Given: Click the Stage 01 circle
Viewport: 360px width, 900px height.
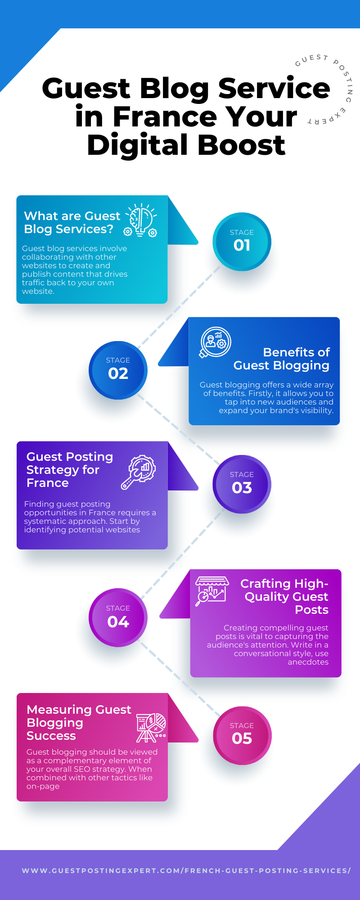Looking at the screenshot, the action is coord(242,242).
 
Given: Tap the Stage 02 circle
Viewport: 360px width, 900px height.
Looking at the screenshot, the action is coord(118,370).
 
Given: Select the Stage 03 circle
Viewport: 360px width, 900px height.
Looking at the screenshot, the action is coord(242,484).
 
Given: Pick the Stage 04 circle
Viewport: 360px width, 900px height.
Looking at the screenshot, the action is coord(118,617).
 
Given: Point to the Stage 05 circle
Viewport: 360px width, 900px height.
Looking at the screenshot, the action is coord(242,735).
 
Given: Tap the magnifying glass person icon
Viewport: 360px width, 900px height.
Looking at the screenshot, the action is coord(215,342).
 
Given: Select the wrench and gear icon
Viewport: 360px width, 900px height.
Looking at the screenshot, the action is coord(138,472).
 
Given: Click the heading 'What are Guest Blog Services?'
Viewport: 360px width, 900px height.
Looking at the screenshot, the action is coord(72,222).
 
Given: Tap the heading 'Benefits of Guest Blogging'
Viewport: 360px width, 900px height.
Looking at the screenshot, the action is coord(282,359).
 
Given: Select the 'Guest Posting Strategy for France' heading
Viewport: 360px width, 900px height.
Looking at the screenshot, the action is coord(69,470).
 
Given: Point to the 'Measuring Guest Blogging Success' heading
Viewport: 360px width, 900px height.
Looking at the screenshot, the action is coord(78,722).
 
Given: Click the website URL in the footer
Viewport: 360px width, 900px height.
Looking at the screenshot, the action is coord(186,871).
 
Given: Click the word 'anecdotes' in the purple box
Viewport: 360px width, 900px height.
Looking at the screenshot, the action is coord(308,662).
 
